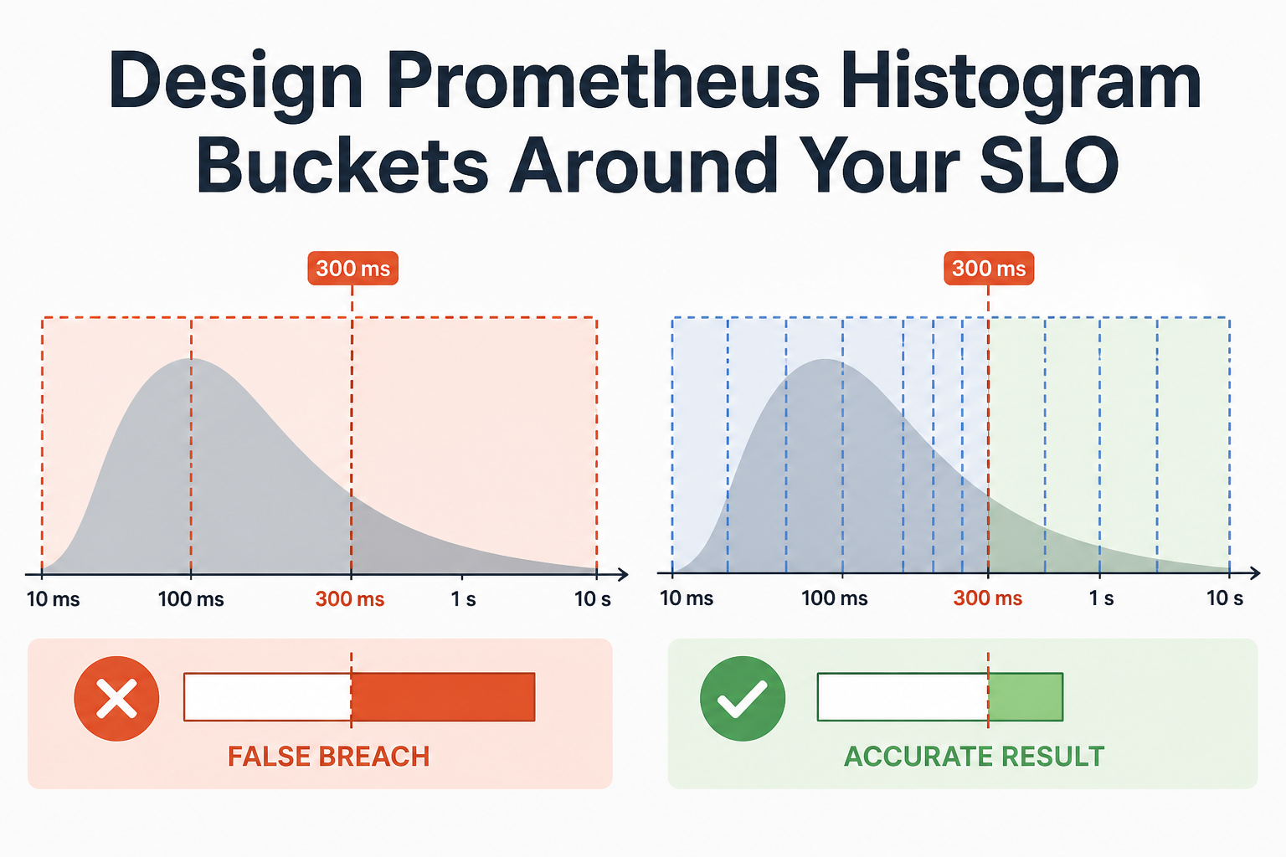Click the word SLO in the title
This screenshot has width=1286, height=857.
point(1049,166)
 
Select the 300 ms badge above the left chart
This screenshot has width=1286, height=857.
point(352,268)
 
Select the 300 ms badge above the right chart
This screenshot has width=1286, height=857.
point(989,268)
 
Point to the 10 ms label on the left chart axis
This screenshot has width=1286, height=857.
point(54,599)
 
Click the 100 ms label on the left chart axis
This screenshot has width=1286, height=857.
point(191,599)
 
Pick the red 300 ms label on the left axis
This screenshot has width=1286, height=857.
point(350,599)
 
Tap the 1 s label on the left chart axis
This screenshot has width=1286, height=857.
point(463,599)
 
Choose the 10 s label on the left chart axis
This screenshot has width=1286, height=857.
point(593,599)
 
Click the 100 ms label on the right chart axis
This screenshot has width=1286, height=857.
point(834,598)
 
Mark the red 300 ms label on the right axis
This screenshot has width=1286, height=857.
point(987,598)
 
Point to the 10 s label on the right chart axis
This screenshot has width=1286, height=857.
point(1225,598)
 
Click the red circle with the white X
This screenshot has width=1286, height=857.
point(116,699)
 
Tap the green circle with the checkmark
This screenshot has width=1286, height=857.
point(743,699)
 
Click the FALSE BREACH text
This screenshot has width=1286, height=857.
point(328,757)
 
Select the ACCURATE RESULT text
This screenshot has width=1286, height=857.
point(974,757)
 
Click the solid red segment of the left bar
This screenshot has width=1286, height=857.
point(443,697)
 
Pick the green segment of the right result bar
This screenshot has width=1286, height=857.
point(1026,697)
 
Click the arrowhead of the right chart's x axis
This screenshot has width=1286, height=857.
point(1255,572)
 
